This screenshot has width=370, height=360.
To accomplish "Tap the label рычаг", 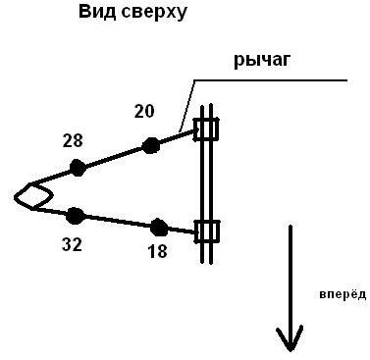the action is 262,61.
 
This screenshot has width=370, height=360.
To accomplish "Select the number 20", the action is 144,112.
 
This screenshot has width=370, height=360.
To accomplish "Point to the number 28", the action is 73,141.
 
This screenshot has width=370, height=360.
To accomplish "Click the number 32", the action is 72,244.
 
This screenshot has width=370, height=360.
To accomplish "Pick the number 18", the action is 157,251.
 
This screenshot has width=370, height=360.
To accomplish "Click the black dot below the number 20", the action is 151,145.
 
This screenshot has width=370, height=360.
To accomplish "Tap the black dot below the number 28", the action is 78,168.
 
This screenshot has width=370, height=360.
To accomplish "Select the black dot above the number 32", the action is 76,216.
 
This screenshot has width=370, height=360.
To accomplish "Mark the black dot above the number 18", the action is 159,228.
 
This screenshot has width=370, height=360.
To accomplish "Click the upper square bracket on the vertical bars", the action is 206,129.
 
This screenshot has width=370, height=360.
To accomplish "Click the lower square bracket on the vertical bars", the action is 207,231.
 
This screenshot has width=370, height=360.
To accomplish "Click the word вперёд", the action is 343,294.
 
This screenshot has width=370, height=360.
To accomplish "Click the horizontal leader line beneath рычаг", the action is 270,80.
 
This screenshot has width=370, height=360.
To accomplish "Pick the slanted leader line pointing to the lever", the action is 186,106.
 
